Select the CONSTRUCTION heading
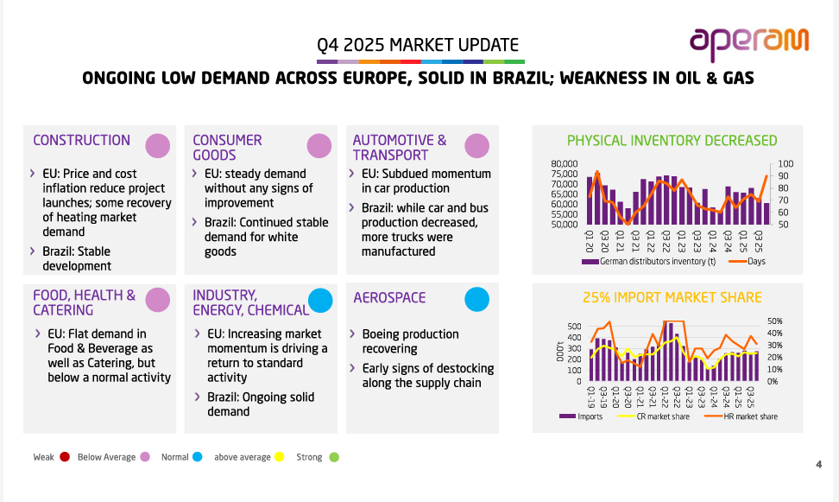coord(81,140)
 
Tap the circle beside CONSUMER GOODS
coord(319,146)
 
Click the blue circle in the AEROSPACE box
coord(477,299)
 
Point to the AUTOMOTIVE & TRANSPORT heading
coord(400,147)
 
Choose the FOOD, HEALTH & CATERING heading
coord(84,302)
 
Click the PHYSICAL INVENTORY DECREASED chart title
coord(672,141)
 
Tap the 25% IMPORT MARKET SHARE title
coord(672,297)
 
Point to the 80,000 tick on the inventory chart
coord(564,163)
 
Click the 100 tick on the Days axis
coord(785,164)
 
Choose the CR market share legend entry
coord(663,416)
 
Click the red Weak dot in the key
coord(65,457)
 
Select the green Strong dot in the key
coord(334,457)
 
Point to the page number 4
coord(818,466)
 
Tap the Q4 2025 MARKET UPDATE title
coord(418,45)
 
